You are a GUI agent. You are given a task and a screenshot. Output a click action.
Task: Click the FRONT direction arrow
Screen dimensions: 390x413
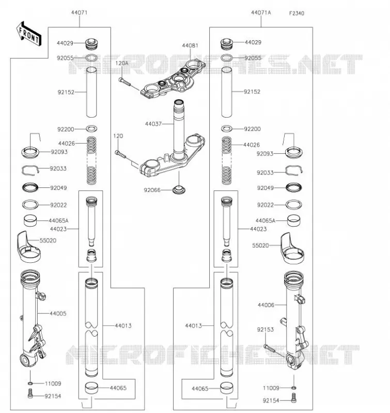coord(28,34)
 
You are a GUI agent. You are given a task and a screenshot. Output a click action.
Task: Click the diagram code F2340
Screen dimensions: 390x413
coord(297,13)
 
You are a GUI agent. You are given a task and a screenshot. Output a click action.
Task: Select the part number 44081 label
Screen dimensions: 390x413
coord(190,45)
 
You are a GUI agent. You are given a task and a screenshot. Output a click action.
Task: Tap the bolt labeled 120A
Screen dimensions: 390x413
coord(124,82)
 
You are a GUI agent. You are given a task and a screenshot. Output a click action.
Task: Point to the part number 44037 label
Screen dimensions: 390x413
coord(153,124)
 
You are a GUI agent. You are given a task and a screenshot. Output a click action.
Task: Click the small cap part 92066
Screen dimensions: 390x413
coord(179,189)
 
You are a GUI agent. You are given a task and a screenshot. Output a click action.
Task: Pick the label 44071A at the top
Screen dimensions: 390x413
coord(261,12)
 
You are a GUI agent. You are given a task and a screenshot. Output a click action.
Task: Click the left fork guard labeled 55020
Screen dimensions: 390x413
coord(29,247)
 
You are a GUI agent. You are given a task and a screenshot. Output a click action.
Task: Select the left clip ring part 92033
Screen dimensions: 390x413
coord(30,170)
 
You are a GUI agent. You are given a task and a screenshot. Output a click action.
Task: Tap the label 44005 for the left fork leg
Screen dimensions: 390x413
coord(58,313)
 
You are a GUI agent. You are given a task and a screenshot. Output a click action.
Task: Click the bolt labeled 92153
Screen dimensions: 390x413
coord(269,348)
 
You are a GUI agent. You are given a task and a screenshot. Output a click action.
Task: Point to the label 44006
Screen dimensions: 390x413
coord(266,305)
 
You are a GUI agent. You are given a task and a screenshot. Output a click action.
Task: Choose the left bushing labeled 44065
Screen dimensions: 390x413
coord(91,388)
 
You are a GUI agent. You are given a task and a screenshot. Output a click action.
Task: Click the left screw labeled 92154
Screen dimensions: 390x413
coord(30,394)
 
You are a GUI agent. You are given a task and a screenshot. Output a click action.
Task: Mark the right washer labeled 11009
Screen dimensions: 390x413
coord(293,388)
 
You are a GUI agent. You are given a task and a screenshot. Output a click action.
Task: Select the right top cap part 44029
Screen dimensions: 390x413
coord(226,44)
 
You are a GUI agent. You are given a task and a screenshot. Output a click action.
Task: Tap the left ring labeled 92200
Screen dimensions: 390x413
coord(91,129)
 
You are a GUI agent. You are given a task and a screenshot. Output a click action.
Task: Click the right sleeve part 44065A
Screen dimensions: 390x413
coord(293,221)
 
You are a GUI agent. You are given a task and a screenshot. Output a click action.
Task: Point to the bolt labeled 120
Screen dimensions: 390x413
coord(120,154)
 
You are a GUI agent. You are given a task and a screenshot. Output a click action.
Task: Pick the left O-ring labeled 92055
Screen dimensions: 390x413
coord(91,58)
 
